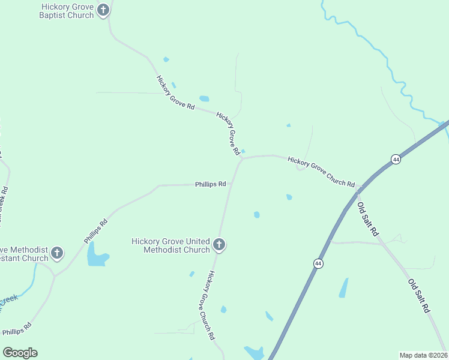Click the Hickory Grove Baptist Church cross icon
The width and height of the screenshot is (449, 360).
point(103,10)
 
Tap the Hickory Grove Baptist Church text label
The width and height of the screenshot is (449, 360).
point(67,11)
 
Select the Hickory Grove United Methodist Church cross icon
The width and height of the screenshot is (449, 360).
point(219,245)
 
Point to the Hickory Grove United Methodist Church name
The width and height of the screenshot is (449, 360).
point(171,245)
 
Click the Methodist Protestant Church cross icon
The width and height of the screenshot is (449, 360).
point(57,253)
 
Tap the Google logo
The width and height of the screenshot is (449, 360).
point(20,353)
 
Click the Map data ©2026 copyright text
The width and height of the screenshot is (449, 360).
point(423,355)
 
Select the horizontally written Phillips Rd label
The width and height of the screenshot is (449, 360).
point(210,184)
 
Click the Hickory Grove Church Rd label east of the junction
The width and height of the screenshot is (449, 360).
point(321,172)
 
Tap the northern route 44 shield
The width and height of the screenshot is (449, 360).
point(396,159)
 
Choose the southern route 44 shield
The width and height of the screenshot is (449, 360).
point(318,263)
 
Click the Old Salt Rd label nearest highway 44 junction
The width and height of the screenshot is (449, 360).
point(367,218)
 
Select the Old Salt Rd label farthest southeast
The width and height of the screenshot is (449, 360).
point(419,295)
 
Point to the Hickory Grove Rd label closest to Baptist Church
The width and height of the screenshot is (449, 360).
point(175,92)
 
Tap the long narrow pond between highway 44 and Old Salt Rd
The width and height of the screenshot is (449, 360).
point(343,288)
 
